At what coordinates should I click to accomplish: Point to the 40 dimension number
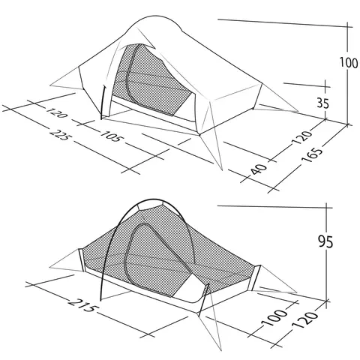[259, 169]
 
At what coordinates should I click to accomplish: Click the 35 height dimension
[323, 103]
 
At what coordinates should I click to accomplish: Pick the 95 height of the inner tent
[326, 241]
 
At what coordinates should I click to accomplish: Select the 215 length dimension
[82, 305]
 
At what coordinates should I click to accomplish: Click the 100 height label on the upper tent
[349, 62]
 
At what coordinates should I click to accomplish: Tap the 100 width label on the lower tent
[274, 317]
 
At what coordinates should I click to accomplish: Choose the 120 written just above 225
[56, 112]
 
